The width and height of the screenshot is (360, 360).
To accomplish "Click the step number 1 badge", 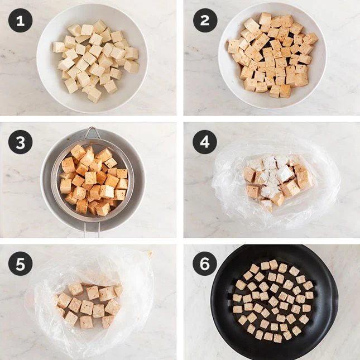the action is click(21, 21).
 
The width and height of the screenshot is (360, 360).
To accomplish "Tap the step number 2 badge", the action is click(205, 21).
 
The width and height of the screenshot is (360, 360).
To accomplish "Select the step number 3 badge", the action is click(21, 142).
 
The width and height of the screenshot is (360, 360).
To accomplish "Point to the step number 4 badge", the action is click(205, 142).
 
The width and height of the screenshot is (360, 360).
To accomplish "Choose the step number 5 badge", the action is click(21, 263).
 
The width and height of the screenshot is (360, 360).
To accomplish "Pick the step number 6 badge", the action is click(205, 263).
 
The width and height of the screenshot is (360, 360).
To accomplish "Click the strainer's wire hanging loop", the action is click(92, 132).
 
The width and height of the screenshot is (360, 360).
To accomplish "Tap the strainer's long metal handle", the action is click(92, 229).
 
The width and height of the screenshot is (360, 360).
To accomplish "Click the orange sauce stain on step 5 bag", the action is click(150, 253).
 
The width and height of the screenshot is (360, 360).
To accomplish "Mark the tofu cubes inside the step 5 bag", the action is click(88, 305).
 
